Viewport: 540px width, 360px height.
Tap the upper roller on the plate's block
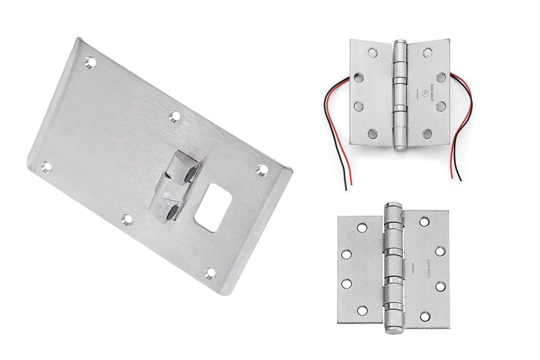pos(191,172)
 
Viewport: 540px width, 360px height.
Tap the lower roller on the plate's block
pos(172,213)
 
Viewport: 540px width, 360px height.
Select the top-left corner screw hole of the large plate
pos(90,63)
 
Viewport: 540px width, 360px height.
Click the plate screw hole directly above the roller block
pos(175,116)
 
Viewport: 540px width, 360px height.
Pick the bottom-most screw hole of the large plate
pos(210,274)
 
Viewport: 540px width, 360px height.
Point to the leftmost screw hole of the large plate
pos(46,167)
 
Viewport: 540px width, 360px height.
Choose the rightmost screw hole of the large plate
pos(262,170)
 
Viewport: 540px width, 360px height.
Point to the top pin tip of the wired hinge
pos(401,42)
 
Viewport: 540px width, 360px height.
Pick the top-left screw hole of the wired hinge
pos(372,53)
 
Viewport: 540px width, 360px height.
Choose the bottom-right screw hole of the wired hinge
pos(427,133)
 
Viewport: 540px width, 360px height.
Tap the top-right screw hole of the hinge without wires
pos(425,222)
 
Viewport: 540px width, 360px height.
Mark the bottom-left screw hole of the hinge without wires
pos(362,310)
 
